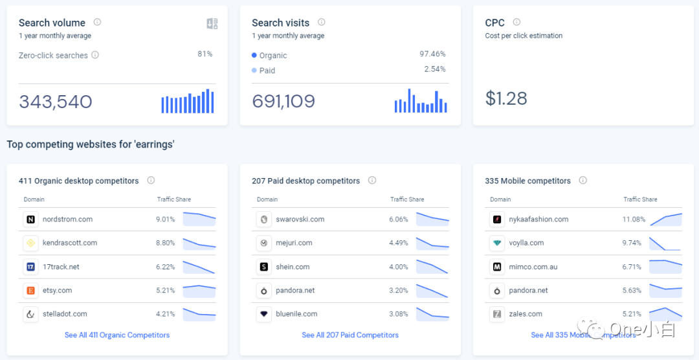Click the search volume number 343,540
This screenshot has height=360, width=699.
click(x=56, y=102)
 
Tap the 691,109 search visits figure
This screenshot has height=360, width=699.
click(x=283, y=102)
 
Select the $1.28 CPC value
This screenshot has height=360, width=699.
click(x=506, y=98)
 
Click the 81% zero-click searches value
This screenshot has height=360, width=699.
click(x=205, y=54)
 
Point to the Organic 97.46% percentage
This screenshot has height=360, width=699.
click(x=432, y=54)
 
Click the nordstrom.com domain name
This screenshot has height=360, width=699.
click(x=67, y=219)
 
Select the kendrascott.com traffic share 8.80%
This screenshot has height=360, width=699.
click(x=165, y=243)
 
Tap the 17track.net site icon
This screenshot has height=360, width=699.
click(x=30, y=267)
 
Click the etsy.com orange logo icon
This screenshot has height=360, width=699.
click(x=30, y=291)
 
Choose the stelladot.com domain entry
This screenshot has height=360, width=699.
click(x=65, y=314)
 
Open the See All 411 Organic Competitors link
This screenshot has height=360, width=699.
click(x=117, y=335)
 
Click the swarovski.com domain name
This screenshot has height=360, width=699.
click(x=300, y=219)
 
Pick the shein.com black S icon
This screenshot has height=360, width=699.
click(x=263, y=267)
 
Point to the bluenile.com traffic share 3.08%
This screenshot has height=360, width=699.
click(x=399, y=314)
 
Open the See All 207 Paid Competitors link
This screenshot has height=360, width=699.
click(x=350, y=335)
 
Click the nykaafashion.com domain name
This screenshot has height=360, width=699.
click(x=538, y=219)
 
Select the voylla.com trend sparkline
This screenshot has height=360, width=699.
click(x=665, y=243)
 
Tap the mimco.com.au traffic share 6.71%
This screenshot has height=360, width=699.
click(x=632, y=267)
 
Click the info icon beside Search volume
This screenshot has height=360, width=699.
click(x=97, y=22)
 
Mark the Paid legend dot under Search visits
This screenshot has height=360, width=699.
click(x=254, y=71)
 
